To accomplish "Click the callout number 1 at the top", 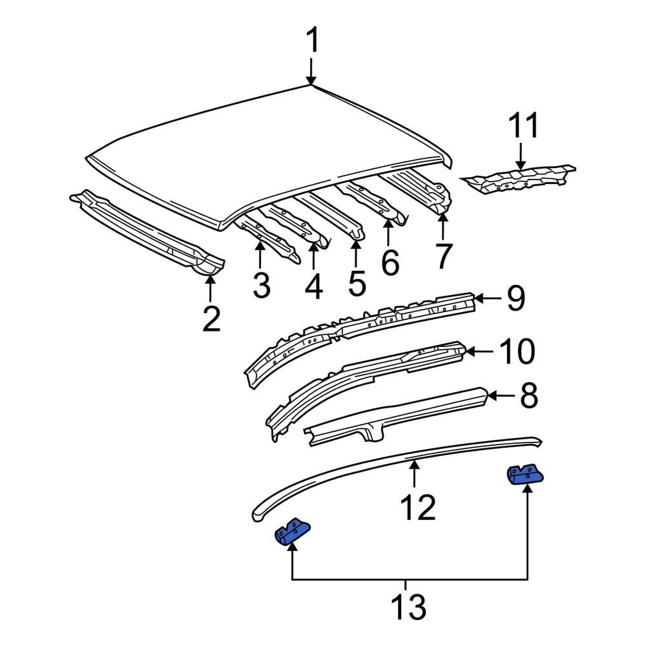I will (312, 42).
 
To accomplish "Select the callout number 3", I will (261, 285).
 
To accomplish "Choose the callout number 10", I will (516, 352).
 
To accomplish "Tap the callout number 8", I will (528, 395).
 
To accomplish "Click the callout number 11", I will (523, 126).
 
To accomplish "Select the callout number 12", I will (417, 507).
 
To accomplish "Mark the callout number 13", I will (409, 607).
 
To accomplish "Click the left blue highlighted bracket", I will (292, 531).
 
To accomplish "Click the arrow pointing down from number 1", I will (312, 70).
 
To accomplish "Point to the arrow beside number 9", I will (488, 298).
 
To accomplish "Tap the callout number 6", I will (390, 262).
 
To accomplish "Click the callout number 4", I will (313, 285).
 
